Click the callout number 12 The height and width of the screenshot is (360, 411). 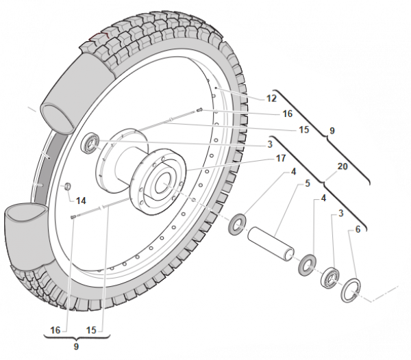[x=271, y=99]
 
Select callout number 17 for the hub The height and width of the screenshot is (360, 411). [x=281, y=158]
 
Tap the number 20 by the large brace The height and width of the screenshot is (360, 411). [x=342, y=166]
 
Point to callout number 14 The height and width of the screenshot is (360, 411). [x=81, y=201]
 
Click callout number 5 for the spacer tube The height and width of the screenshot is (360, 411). [x=308, y=183]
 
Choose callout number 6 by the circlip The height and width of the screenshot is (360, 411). [x=358, y=229]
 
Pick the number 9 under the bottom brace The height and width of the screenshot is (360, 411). [x=76, y=346]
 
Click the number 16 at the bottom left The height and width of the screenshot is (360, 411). [x=55, y=330]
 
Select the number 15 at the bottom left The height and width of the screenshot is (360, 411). [x=91, y=330]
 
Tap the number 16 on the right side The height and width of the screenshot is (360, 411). [x=288, y=114]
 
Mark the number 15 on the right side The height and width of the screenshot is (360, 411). [x=304, y=129]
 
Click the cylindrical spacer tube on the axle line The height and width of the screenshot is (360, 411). [x=271, y=244]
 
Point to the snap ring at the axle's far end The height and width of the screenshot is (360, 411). [x=351, y=291]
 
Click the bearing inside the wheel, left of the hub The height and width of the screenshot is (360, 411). [x=90, y=143]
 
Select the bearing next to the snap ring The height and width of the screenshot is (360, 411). [x=329, y=277]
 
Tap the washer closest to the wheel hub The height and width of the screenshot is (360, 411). [x=237, y=224]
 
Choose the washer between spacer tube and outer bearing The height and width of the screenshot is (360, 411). [x=307, y=264]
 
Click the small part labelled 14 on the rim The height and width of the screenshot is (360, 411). [x=68, y=186]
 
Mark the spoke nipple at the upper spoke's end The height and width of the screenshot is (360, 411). [x=200, y=110]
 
